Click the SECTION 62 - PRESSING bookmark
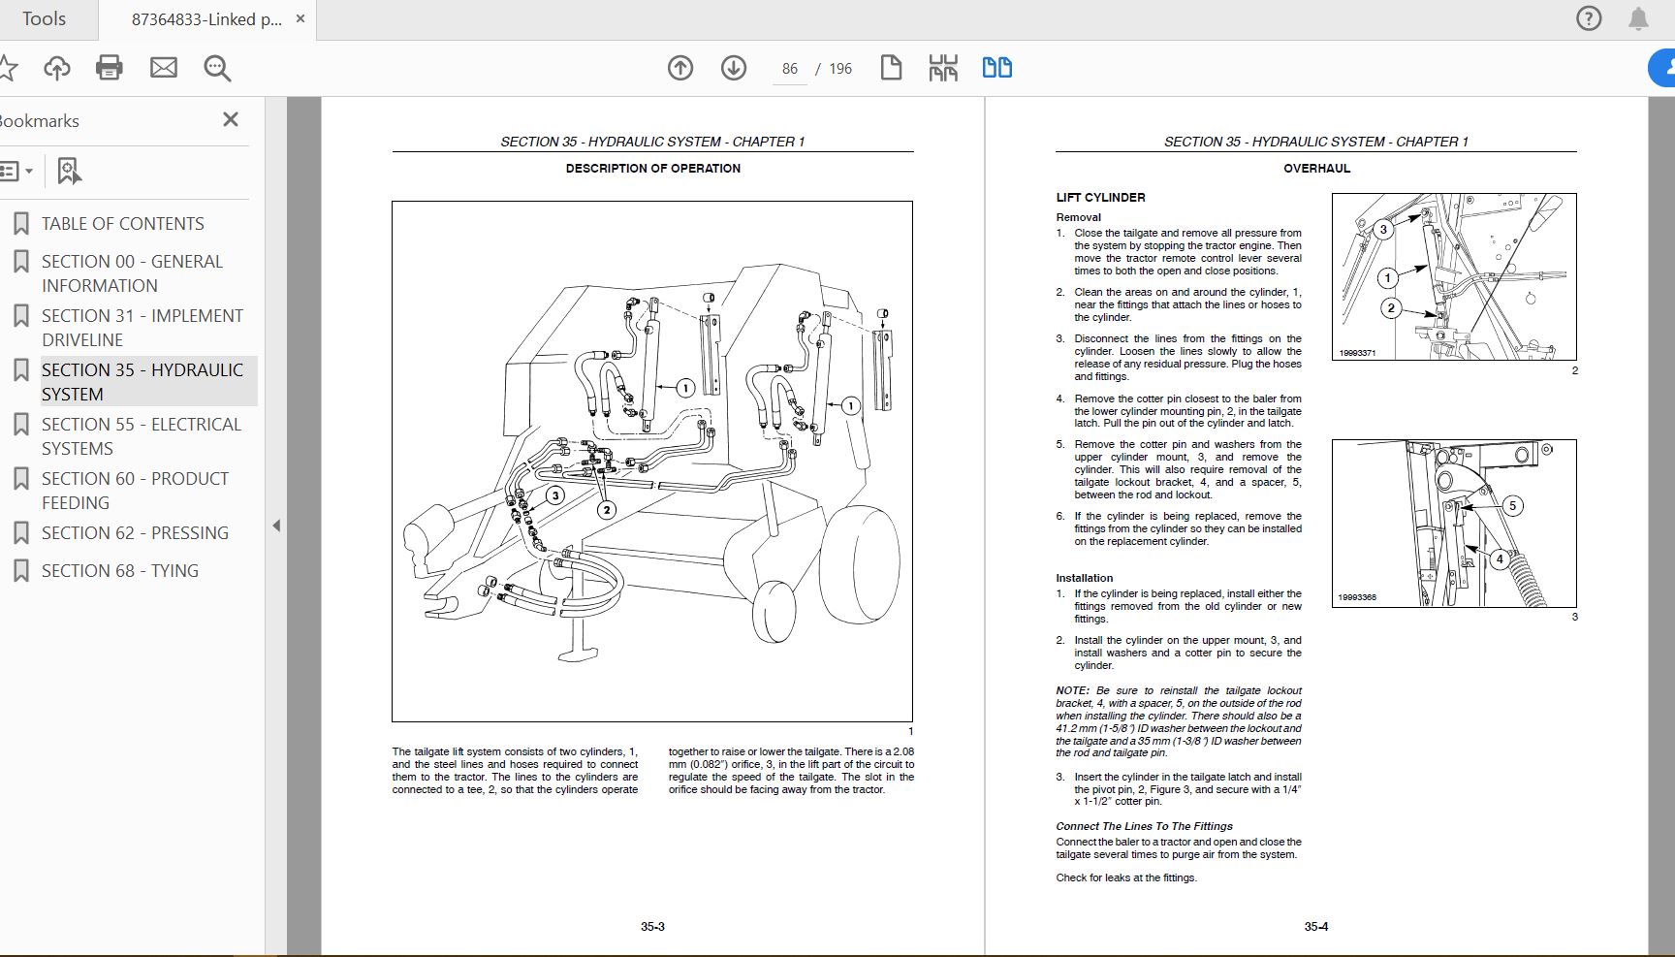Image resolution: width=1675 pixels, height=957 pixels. coord(135,533)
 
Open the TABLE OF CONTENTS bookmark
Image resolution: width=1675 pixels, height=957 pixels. coord(122,224)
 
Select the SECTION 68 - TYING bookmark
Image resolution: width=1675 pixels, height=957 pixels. coord(119,571)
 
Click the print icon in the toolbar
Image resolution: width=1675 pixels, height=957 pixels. coord(110,68)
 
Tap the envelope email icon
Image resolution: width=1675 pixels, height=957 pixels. coord(164,68)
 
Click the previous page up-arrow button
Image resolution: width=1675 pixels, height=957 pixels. coord(680,68)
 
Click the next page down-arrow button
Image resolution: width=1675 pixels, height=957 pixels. coord(734,68)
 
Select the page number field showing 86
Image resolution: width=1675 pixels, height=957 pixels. coord(790,69)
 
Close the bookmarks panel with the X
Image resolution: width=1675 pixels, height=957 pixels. coord(231,119)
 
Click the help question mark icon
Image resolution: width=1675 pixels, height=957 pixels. coord(1589,18)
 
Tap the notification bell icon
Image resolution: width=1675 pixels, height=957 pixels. coord(1638,18)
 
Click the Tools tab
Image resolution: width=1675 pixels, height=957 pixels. coord(44,19)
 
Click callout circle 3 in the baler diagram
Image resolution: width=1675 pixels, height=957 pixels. coord(554,495)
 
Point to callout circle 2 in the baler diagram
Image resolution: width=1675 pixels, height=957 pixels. coord(607,510)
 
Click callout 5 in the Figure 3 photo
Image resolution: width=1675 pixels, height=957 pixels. coord(1512,505)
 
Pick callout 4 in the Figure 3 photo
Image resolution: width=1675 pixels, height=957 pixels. coord(1500,559)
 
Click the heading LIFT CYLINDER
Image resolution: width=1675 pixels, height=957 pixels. coord(1100,198)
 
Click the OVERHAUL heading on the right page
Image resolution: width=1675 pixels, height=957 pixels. coord(1316,169)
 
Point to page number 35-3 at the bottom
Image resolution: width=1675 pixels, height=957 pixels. coord(652,927)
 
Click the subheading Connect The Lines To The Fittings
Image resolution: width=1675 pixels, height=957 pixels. coord(1144,826)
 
